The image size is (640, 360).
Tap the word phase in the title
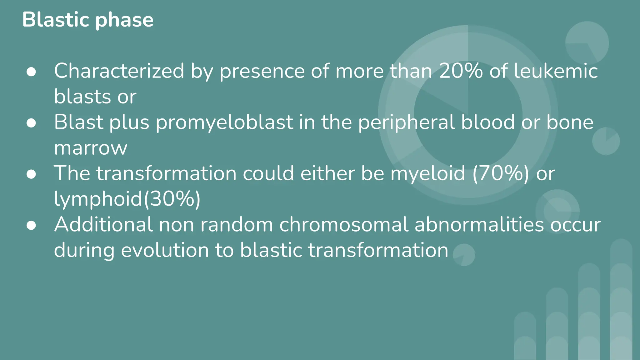(x=124, y=21)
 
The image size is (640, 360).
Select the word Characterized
(x=119, y=71)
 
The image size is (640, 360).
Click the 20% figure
(x=461, y=71)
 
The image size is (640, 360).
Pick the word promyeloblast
(x=224, y=122)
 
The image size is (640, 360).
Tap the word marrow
(x=91, y=148)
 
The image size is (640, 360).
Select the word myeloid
(x=428, y=173)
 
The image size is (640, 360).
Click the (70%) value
(x=501, y=173)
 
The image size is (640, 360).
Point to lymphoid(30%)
(x=127, y=199)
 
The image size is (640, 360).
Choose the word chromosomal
(x=344, y=224)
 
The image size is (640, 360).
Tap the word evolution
(x=165, y=250)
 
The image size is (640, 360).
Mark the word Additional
(x=103, y=224)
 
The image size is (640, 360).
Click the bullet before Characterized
(x=31, y=72)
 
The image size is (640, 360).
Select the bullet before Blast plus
(x=31, y=123)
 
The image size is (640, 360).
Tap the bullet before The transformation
(x=31, y=174)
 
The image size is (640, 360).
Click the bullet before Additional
(x=31, y=225)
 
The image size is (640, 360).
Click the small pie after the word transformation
(x=464, y=255)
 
